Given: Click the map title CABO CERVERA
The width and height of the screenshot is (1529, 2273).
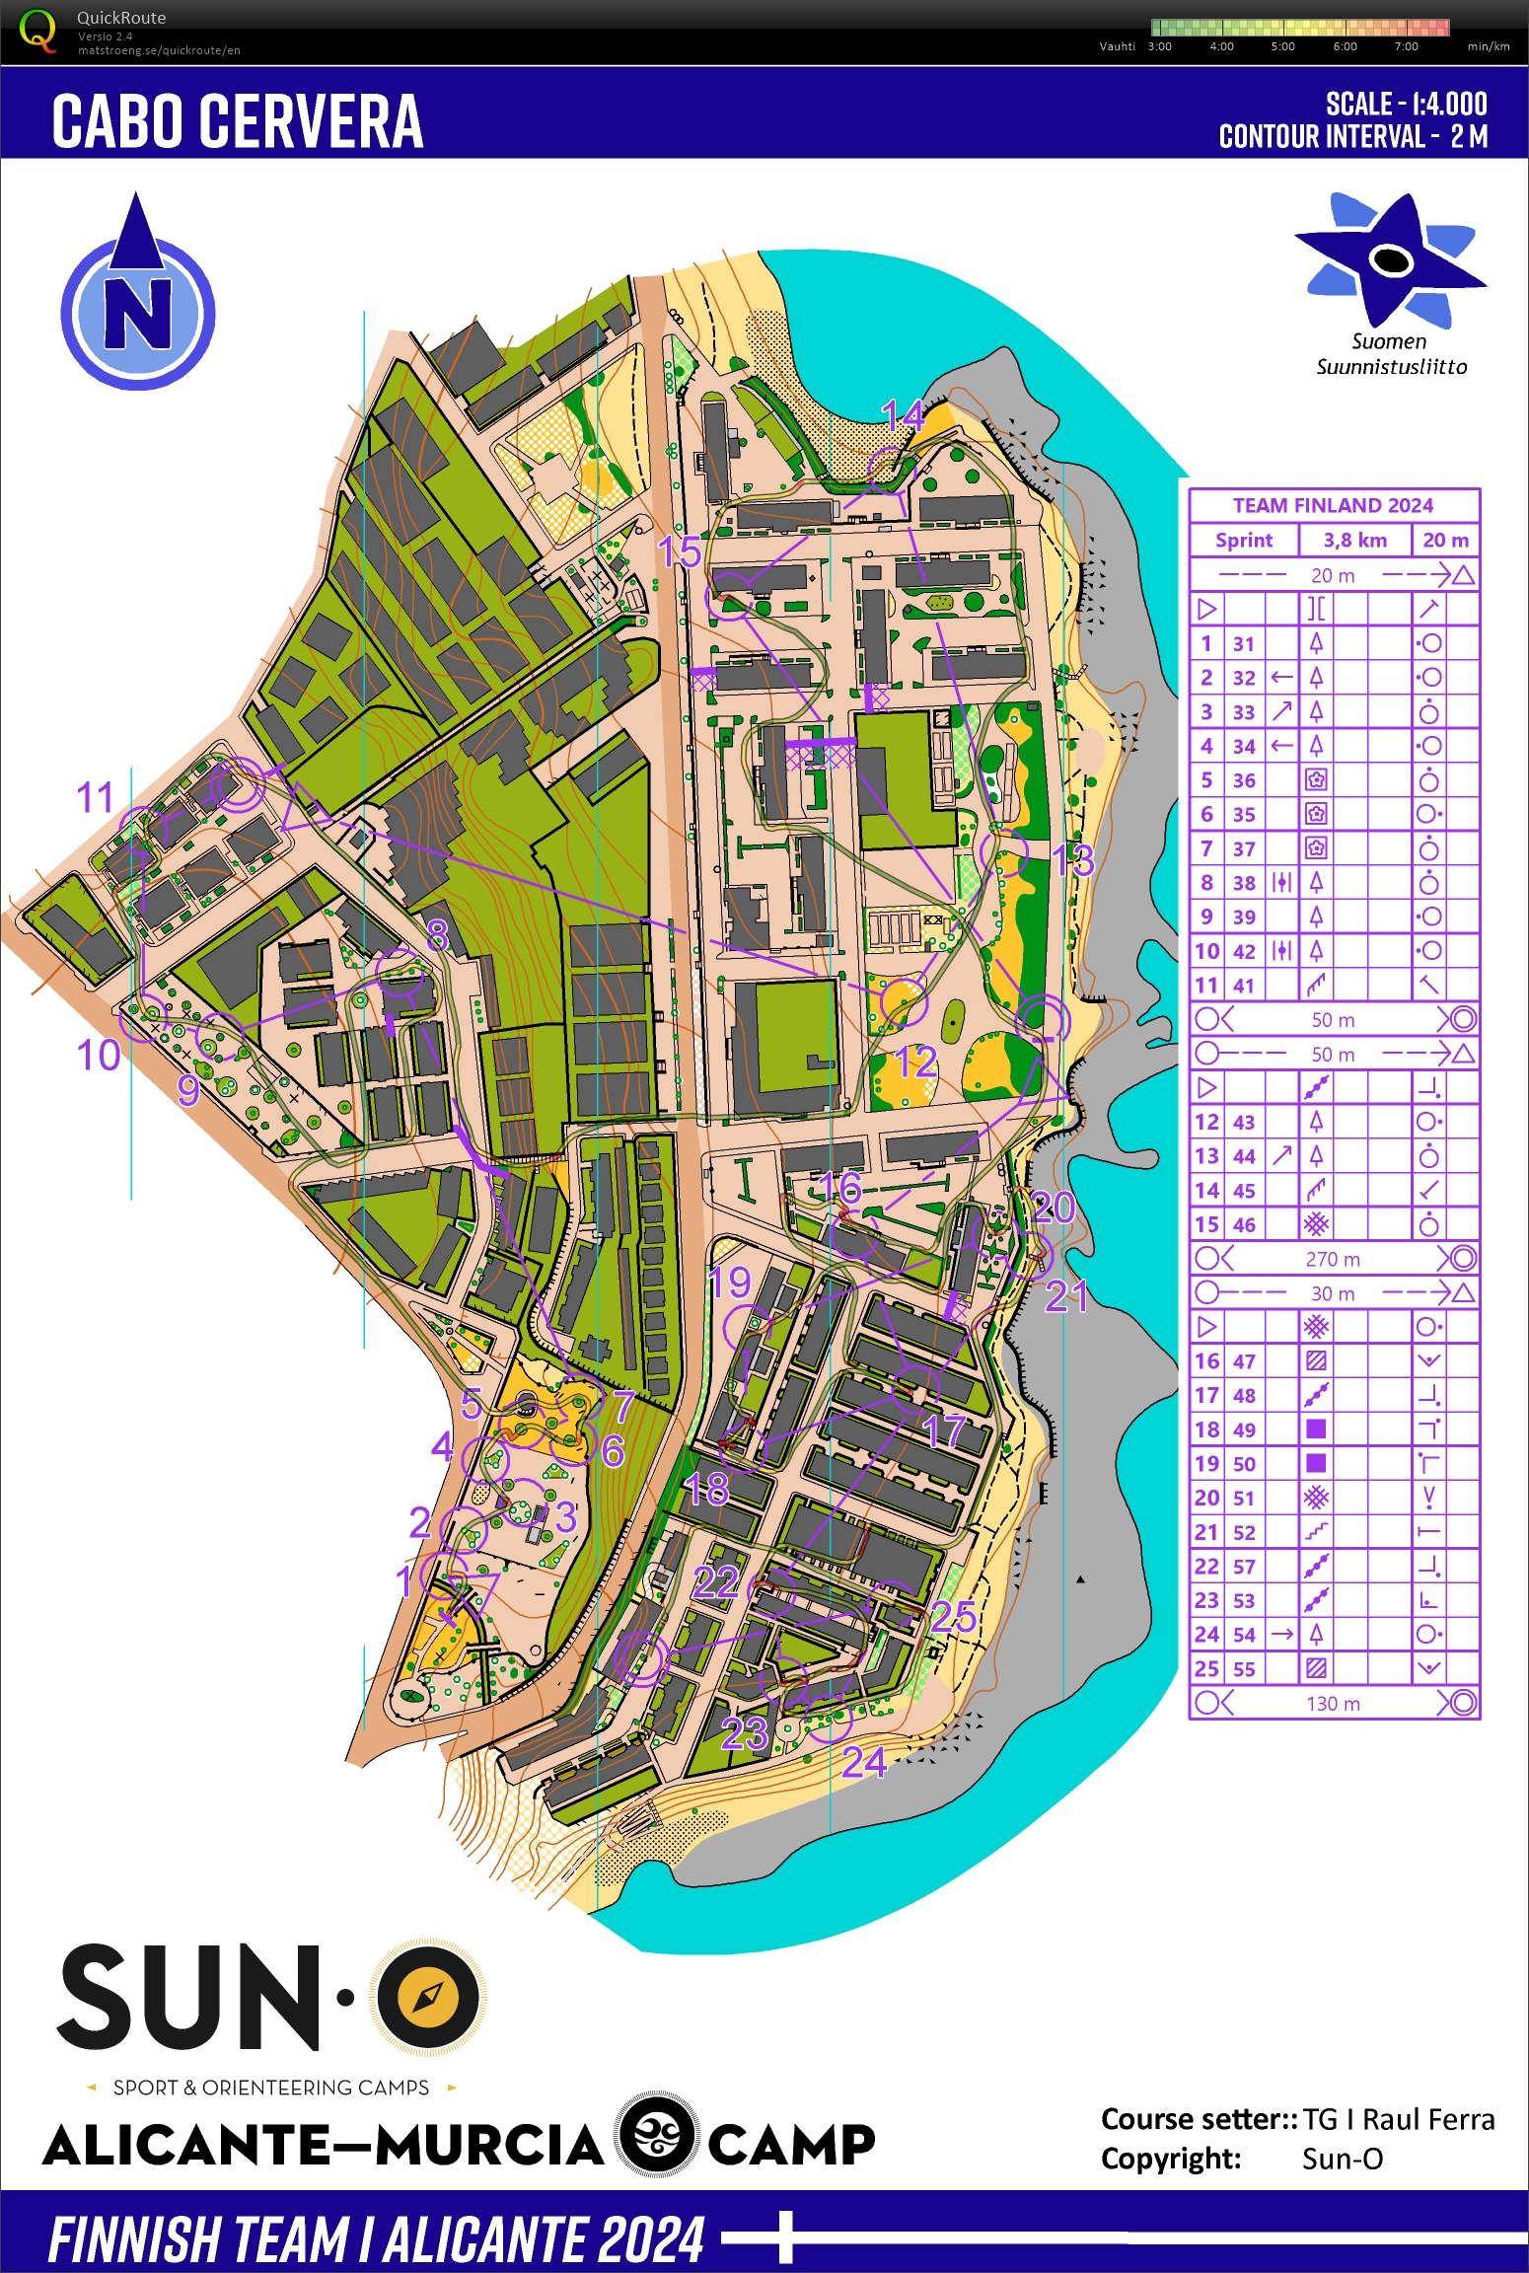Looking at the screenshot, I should (237, 121).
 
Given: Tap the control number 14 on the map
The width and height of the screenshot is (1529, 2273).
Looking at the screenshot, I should (902, 416).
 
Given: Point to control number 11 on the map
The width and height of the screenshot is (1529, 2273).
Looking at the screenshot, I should (95, 797).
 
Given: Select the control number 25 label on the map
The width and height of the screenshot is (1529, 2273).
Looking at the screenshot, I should (953, 1617).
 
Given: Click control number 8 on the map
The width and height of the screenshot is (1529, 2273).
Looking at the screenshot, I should (437, 933).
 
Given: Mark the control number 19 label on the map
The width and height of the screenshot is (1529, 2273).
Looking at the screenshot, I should (729, 1282).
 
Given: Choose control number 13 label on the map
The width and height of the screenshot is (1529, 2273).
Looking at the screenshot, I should (1072, 860).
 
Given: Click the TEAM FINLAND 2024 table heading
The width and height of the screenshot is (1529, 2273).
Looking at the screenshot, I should (1333, 505).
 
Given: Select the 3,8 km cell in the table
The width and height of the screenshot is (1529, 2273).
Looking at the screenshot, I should (1354, 540).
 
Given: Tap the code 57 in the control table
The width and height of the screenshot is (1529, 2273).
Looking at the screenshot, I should (1244, 1566).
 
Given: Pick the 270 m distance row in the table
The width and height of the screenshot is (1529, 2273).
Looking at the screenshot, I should (1333, 1259).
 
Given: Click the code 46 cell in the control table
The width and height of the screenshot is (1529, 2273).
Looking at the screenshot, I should (1244, 1224).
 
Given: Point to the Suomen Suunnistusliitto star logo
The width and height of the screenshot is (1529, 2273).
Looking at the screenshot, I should (1390, 259).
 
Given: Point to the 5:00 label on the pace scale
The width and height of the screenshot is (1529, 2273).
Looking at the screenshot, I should (1282, 46).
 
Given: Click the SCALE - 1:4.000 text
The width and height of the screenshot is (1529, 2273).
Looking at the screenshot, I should (1405, 104).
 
